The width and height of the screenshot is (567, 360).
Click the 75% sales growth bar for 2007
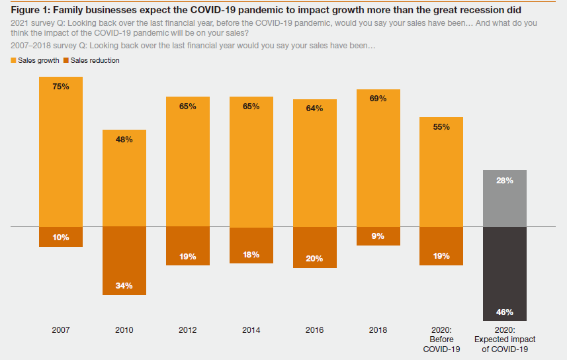coord(61,152)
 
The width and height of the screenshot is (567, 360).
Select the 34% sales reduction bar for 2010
coord(124,261)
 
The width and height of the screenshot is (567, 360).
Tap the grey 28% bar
coord(505,199)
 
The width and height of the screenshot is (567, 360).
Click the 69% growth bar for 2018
coord(378,158)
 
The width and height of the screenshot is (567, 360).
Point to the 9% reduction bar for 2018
coord(378,236)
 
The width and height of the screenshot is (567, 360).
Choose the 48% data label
coord(124,140)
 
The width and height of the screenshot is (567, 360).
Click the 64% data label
coord(314,109)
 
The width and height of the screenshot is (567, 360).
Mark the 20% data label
coord(314,259)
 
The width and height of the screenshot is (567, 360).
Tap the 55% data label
coord(441,126)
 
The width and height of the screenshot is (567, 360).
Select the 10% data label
coord(61,237)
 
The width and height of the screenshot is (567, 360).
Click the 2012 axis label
coord(188,330)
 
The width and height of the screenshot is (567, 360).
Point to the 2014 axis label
coord(251,330)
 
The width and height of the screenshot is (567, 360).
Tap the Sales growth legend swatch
coord(14,60)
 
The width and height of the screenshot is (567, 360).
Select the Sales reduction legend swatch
coord(65,60)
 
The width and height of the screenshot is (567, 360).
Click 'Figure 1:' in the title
coord(29,11)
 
